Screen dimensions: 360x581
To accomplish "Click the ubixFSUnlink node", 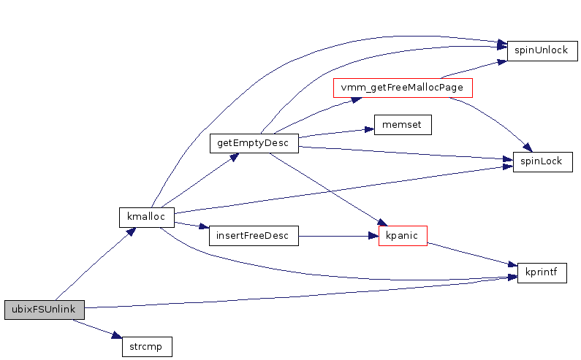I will click(x=44, y=310).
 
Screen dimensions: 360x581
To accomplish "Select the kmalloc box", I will click(x=147, y=217).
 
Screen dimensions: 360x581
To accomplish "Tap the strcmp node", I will click(x=146, y=346).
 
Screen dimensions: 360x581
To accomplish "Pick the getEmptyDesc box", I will click(x=254, y=143).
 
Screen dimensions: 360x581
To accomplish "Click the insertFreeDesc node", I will click(x=254, y=236).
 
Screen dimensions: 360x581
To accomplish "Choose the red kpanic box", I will click(x=403, y=236).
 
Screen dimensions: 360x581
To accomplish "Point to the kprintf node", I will click(x=542, y=273).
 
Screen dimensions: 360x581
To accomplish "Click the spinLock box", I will click(x=542, y=161).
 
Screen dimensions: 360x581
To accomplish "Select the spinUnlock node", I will click(x=542, y=50).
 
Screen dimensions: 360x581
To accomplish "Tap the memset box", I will click(x=402, y=125).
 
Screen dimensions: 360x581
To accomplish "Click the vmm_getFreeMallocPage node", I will click(x=403, y=88).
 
